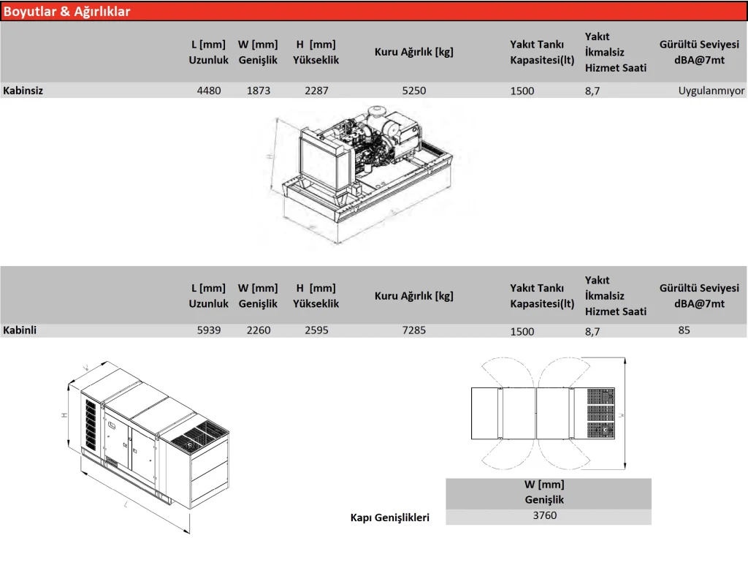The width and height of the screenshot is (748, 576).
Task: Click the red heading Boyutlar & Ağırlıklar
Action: pyautogui.click(x=66, y=12)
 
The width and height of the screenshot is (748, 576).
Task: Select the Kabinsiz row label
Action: pyautogui.click(x=23, y=91)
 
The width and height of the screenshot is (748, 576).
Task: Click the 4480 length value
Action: pyautogui.click(x=209, y=91)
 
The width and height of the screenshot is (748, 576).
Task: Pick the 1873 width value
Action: pyautogui.click(x=259, y=91)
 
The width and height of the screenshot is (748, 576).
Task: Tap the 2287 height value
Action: pyautogui.click(x=317, y=91)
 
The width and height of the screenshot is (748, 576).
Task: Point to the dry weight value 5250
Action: pyautogui.click(x=414, y=91)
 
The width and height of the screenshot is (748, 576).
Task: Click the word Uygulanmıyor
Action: pyautogui.click(x=711, y=91)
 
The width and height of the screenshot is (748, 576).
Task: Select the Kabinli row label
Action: pyautogui.click(x=20, y=330)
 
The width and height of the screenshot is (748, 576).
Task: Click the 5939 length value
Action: pyautogui.click(x=209, y=330)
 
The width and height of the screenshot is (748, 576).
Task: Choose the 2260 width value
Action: pyautogui.click(x=259, y=330)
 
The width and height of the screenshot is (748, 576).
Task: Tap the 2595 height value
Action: pyautogui.click(x=317, y=330)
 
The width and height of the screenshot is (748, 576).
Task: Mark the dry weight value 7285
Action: pyautogui.click(x=414, y=330)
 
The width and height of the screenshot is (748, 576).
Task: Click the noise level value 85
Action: pyautogui.click(x=684, y=330)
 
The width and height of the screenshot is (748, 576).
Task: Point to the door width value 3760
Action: pyautogui.click(x=545, y=515)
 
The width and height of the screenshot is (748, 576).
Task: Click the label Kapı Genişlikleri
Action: pyautogui.click(x=390, y=518)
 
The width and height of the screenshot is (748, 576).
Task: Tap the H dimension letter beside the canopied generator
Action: pyautogui.click(x=64, y=415)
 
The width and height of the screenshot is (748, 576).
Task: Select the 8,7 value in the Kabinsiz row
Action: pyautogui.click(x=592, y=91)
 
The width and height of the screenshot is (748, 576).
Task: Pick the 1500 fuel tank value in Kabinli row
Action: pyautogui.click(x=522, y=332)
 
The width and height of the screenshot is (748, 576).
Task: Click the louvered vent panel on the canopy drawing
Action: pyautogui.click(x=91, y=425)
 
